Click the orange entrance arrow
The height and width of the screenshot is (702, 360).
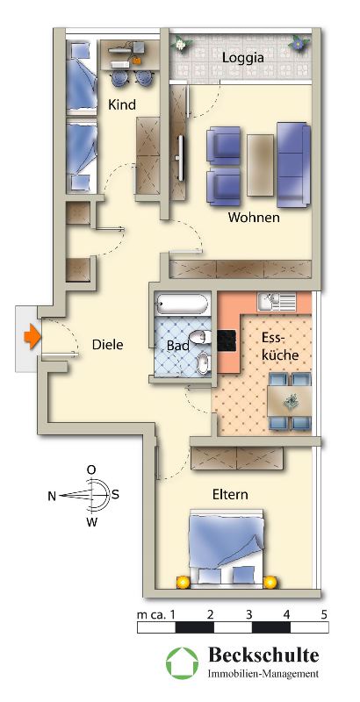[32, 337]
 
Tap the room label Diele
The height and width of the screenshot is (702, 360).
[107, 345]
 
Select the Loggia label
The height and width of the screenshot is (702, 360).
[243, 58]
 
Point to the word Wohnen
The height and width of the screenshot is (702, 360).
[254, 218]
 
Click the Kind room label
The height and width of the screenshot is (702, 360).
[122, 104]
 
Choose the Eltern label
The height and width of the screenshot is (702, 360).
[230, 495]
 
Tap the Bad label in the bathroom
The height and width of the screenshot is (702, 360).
[177, 346]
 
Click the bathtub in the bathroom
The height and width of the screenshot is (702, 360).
[183, 304]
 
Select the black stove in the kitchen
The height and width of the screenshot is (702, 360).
[227, 341]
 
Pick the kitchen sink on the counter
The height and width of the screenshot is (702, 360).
[276, 302]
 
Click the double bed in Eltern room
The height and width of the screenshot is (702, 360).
[227, 547]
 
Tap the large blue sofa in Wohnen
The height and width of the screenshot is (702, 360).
[294, 164]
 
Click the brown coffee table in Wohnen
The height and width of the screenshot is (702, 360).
[260, 165]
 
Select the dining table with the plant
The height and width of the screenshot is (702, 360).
[290, 401]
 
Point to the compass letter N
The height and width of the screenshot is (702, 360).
[52, 496]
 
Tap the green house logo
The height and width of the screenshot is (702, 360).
[183, 664]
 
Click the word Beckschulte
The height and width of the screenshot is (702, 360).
[263, 655]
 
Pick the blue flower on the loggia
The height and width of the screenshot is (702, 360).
[298, 44]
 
